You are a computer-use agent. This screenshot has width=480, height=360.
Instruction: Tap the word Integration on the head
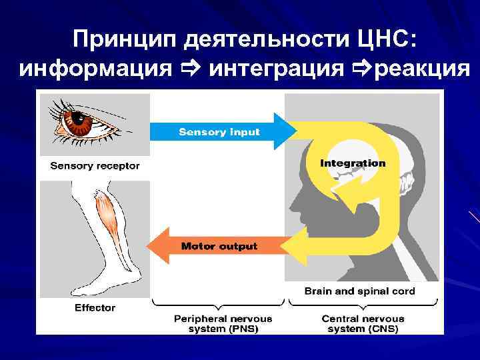click(353, 163)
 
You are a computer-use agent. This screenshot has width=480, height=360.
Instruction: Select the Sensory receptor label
click(95, 165)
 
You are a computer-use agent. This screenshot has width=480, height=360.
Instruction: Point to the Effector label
click(95, 308)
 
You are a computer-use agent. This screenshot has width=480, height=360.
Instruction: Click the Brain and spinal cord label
click(359, 291)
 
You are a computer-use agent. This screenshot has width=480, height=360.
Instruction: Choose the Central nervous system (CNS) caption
click(363, 324)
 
